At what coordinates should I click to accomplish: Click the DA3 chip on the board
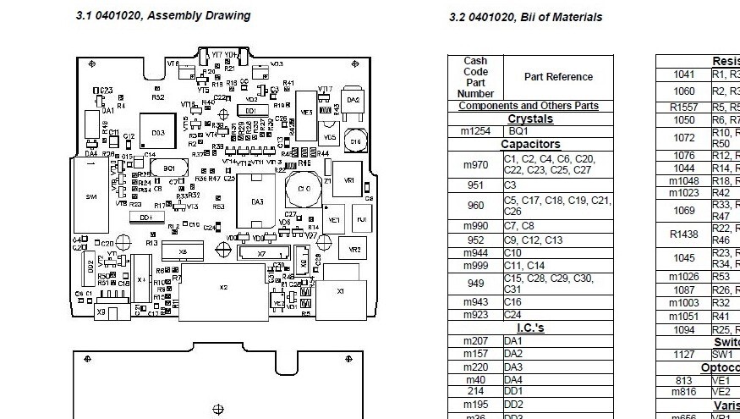[258, 201]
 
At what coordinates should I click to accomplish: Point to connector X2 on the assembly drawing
[224, 288]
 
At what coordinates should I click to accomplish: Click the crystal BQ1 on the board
[170, 168]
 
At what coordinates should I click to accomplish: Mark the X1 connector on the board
[341, 290]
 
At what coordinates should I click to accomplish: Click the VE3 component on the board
[306, 112]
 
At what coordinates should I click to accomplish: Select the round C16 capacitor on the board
[355, 141]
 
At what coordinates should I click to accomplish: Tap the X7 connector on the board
[261, 253]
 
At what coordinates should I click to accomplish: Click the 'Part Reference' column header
[558, 77]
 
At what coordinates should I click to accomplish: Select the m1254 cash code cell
[475, 132]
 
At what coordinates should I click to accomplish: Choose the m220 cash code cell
[475, 367]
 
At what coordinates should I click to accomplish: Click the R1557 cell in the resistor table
[684, 108]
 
